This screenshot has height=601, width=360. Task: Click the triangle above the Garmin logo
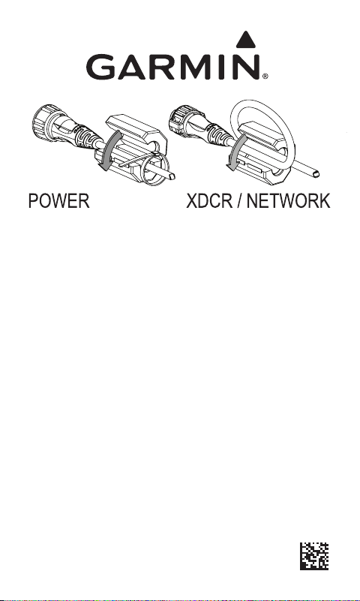point(245,41)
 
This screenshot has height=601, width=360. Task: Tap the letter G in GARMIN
point(100,67)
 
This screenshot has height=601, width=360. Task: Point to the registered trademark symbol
point(265,77)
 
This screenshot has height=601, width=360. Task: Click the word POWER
point(59,201)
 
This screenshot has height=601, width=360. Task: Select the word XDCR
point(209,201)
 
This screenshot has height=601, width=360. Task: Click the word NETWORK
point(289,201)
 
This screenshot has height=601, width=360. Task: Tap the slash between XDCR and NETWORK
point(240,201)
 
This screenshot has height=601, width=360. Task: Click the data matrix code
point(314,556)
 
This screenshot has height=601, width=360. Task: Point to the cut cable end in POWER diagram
point(172,176)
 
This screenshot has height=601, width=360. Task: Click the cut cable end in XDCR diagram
point(315,174)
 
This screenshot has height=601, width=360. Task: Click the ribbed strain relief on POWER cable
point(87,135)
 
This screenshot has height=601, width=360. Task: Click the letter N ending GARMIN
point(247,67)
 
